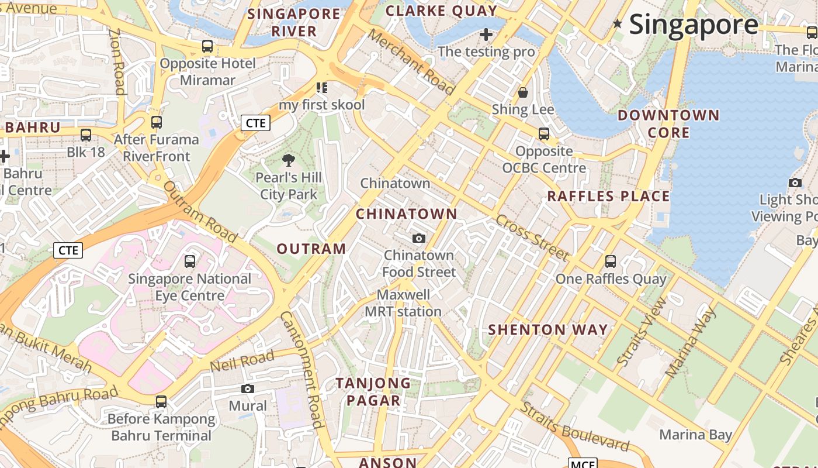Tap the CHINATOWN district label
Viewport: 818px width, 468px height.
coord(407,214)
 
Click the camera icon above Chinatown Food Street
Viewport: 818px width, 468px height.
coord(419,238)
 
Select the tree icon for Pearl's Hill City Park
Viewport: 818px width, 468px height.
coord(288,160)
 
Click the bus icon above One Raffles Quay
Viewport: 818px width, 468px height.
coord(611,261)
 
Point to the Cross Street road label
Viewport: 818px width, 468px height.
coord(532,238)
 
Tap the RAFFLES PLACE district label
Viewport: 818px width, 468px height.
coord(608,197)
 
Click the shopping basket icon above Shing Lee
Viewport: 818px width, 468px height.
coord(523,92)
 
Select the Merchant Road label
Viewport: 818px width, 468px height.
coord(411,61)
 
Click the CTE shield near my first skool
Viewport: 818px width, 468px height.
coord(255,123)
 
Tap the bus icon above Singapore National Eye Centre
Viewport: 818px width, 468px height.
coord(190,261)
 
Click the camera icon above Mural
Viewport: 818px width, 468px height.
coord(248,389)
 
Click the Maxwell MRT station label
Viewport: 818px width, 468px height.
coord(403,303)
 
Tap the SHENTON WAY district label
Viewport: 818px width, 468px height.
coord(548,330)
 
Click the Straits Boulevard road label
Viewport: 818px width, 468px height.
coord(575,428)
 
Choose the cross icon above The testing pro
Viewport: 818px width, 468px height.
coord(486,35)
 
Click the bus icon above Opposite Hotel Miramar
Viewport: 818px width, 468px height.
coord(207,46)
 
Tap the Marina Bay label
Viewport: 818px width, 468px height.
coord(695,435)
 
